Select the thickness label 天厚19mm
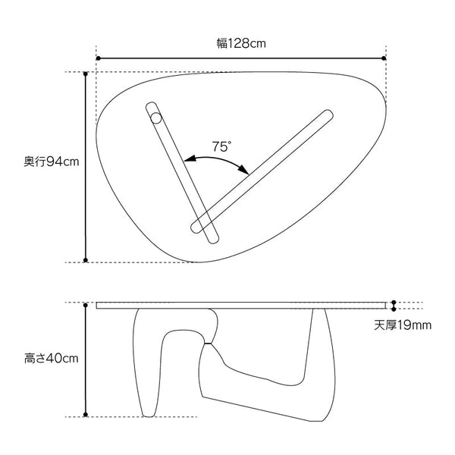(x=403, y=326)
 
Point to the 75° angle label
(x=221, y=147)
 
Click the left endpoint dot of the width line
(x=98, y=58)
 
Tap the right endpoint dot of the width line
(x=384, y=58)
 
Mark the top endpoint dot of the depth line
(x=86, y=74)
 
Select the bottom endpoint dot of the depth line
(x=86, y=261)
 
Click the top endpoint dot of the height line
(x=86, y=304)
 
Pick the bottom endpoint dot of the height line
(x=86, y=415)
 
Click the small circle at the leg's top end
(x=155, y=118)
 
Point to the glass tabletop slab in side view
(x=243, y=306)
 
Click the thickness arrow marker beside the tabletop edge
(x=393, y=306)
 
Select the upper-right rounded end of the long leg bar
(x=328, y=115)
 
